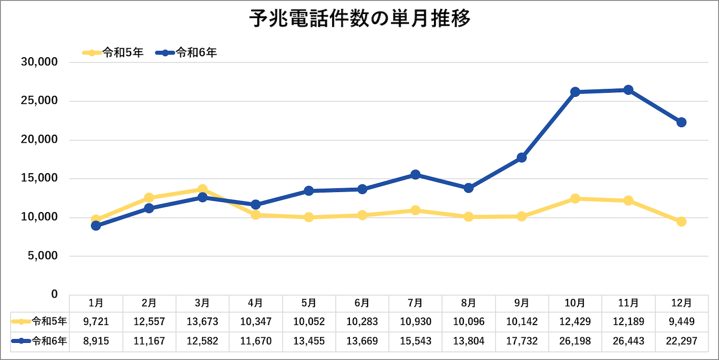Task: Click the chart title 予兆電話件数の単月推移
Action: pyautogui.click(x=360, y=20)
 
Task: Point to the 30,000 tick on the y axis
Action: pyautogui.click(x=40, y=62)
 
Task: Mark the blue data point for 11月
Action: pyautogui.click(x=628, y=90)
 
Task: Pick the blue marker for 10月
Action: pyautogui.click(x=575, y=92)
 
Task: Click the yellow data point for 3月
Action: pyautogui.click(x=202, y=189)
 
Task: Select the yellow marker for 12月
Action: pyautogui.click(x=681, y=222)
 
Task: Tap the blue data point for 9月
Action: pyautogui.click(x=522, y=157)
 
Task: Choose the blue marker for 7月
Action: pyautogui.click(x=415, y=175)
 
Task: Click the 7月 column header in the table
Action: pyautogui.click(x=415, y=303)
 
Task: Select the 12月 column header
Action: pyautogui.click(x=681, y=303)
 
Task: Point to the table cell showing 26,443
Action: pyautogui.click(x=628, y=341)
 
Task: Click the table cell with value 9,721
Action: pyautogui.click(x=96, y=322)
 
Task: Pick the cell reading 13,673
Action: pyautogui.click(x=202, y=322)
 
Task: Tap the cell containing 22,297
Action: pyautogui.click(x=681, y=341)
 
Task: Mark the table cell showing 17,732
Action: pyautogui.click(x=522, y=341)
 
